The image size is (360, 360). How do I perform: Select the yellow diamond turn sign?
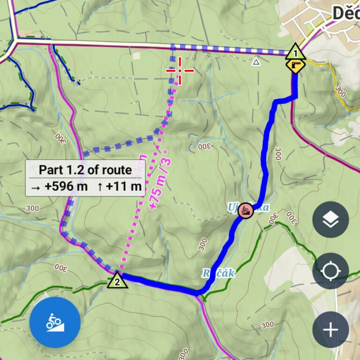(296, 65)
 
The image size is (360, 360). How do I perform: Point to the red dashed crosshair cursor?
(180, 71)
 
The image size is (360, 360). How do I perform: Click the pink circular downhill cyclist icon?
(245, 210)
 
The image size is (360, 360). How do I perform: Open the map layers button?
(330, 219)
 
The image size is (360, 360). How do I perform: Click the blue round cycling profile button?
(55, 322)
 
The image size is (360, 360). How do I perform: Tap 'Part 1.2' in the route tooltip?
(61, 170)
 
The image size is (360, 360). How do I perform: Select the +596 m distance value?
(66, 187)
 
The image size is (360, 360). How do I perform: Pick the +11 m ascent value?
(124, 187)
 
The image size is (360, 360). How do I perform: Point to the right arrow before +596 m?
(35, 187)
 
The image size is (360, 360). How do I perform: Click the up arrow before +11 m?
(100, 187)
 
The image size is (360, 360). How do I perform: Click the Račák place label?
(218, 272)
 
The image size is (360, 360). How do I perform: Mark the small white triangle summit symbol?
(256, 61)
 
